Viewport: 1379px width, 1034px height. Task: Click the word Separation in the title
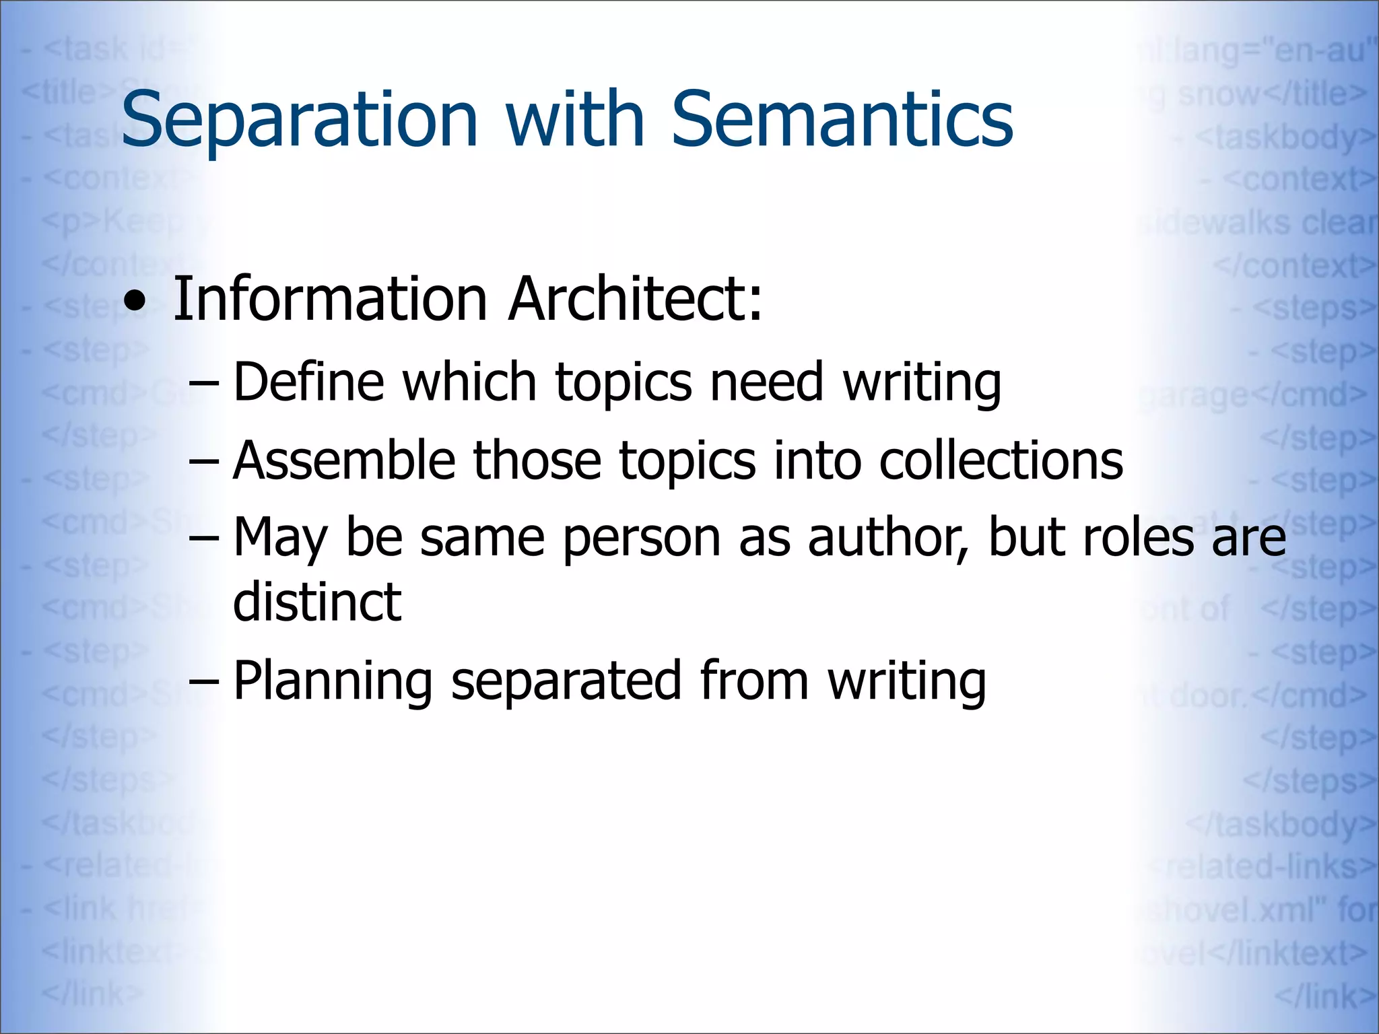point(299,120)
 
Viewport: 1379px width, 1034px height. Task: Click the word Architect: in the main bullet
point(635,299)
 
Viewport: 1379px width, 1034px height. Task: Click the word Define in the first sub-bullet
point(308,382)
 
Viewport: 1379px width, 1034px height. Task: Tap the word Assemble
point(344,461)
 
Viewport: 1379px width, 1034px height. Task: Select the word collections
point(1001,461)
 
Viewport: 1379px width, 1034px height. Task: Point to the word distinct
point(316,602)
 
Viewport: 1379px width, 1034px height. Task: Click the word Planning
point(332,681)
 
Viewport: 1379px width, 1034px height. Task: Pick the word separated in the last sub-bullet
point(566,681)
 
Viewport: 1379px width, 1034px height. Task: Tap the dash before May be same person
point(203,539)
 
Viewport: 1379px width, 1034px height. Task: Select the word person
point(641,539)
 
